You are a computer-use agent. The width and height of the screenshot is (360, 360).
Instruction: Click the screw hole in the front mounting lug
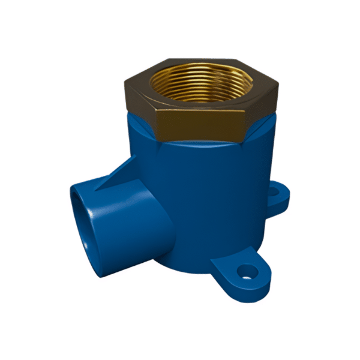244,274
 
